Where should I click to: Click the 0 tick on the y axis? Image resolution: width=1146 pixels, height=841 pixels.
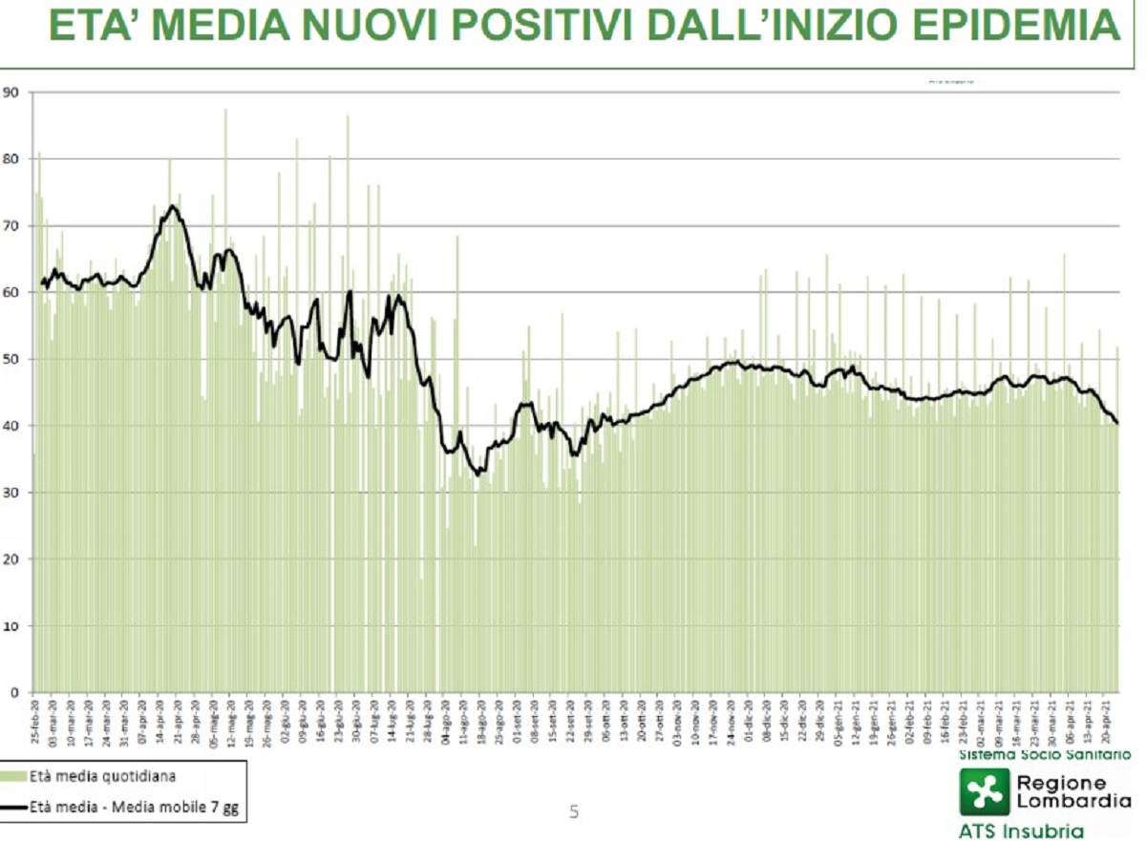(x=14, y=692)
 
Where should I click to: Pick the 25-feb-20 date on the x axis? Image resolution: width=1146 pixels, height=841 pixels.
(x=35, y=721)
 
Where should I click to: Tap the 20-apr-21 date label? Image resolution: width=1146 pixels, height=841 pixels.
(x=1107, y=721)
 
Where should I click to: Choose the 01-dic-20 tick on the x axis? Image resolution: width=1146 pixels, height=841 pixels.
(x=750, y=721)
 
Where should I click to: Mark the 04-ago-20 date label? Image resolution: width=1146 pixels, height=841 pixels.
(x=445, y=721)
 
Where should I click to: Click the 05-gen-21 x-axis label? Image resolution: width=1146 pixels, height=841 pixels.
(x=838, y=721)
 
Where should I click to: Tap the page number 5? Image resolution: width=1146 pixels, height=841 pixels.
(x=574, y=812)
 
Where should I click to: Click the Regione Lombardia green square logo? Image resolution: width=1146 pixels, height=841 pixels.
(x=983, y=791)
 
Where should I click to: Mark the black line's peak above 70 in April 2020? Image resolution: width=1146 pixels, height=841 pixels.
(x=172, y=205)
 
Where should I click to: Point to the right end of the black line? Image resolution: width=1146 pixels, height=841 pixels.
(x=1117, y=423)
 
